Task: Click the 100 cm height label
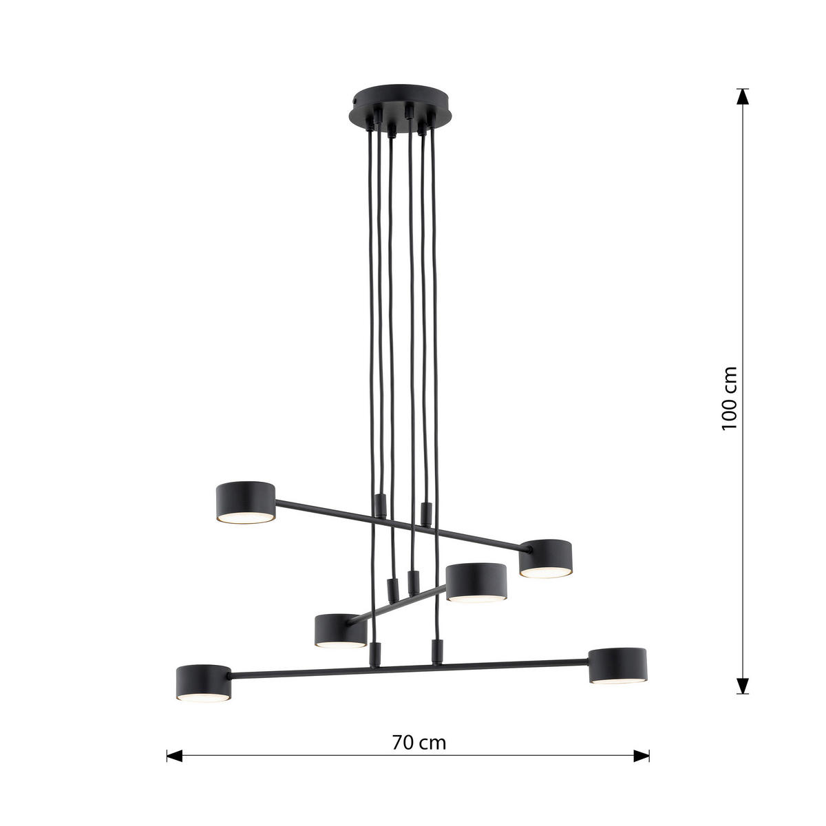pyautogui.click(x=729, y=399)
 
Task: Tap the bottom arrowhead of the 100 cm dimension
pyautogui.click(x=742, y=686)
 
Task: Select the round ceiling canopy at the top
pyautogui.click(x=394, y=105)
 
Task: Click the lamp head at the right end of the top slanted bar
pyautogui.click(x=546, y=558)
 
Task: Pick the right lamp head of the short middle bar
pyautogui.click(x=477, y=582)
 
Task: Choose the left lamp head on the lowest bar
pyautogui.click(x=204, y=683)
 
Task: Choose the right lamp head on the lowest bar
pyautogui.click(x=617, y=666)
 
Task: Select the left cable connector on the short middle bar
pyautogui.click(x=393, y=589)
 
